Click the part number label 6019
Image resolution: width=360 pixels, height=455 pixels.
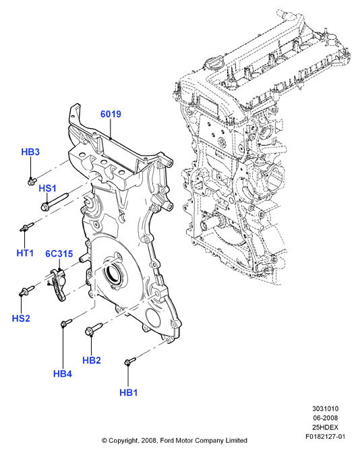[111, 114]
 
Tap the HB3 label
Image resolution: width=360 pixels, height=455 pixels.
[30, 152]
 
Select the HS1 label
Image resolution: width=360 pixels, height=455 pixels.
[47, 188]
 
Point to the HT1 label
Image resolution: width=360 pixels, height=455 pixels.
[25, 253]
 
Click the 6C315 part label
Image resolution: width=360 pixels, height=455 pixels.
[59, 253]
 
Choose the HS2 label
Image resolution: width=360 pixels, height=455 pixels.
[21, 318]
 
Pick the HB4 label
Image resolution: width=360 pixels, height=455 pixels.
[63, 373]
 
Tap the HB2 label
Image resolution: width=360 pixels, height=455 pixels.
[92, 361]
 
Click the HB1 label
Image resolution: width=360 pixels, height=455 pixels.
[129, 392]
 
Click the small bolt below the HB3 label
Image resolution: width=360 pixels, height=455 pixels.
[32, 181]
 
